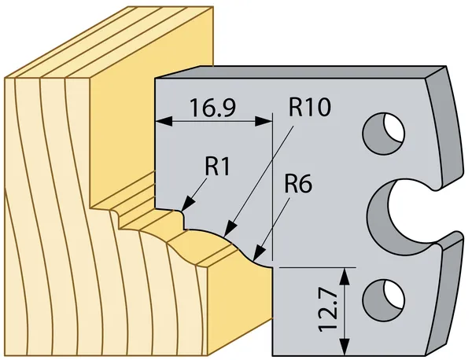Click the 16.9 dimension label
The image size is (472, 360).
(213, 108)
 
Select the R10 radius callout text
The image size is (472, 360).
(310, 107)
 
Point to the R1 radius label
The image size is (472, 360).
(217, 167)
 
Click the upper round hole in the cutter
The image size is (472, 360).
(384, 133)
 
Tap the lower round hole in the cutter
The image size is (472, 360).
(384, 299)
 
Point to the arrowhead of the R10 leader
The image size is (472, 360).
(230, 228)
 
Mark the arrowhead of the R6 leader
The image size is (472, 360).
(259, 253)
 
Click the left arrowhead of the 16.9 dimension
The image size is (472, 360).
(164, 122)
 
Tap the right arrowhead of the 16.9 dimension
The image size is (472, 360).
(264, 122)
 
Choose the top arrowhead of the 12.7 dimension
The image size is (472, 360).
(345, 276)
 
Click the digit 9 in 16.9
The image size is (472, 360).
(230, 108)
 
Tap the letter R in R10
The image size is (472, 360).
(296, 107)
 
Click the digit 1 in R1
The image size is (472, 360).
(225, 167)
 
